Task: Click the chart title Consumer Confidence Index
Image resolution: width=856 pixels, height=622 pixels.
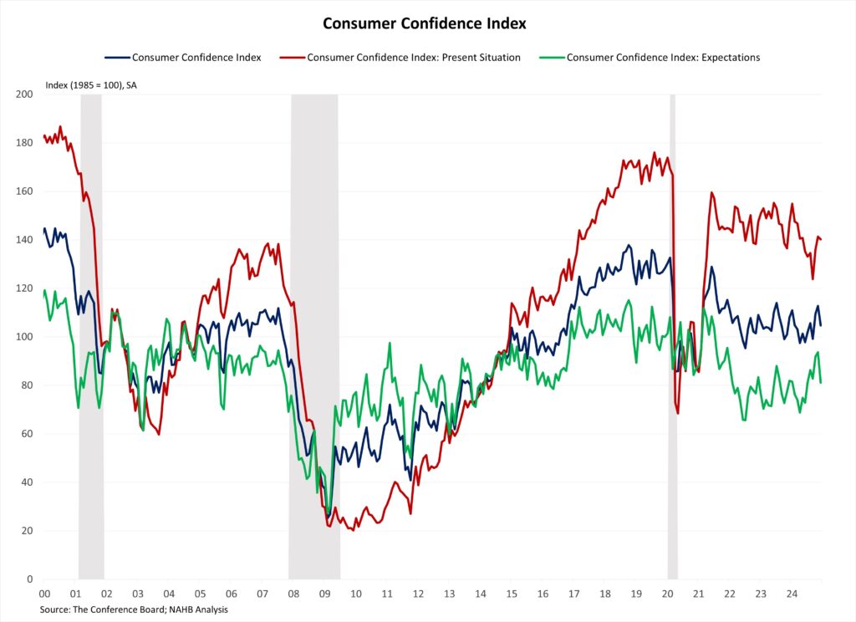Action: pyautogui.click(x=425, y=23)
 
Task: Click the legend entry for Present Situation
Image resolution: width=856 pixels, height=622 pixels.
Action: pyautogui.click(x=414, y=58)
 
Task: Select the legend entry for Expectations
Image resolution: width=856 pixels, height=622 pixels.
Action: pyautogui.click(x=663, y=58)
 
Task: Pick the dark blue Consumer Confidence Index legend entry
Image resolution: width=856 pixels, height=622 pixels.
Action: pyautogui.click(x=196, y=58)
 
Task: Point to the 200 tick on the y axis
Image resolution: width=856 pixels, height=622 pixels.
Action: pyautogui.click(x=24, y=94)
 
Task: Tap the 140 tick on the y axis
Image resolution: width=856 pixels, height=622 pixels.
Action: pyautogui.click(x=24, y=240)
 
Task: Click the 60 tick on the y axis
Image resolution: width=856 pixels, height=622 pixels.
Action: pyautogui.click(x=27, y=434)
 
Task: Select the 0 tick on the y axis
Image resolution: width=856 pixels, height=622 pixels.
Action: pyautogui.click(x=29, y=579)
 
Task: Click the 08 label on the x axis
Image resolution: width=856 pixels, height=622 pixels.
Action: pyautogui.click(x=293, y=594)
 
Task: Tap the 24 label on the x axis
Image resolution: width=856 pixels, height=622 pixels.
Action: pyautogui.click(x=792, y=594)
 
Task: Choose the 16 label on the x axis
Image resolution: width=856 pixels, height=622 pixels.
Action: pyautogui.click(x=543, y=594)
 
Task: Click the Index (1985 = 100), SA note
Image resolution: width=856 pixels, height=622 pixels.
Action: pyautogui.click(x=90, y=85)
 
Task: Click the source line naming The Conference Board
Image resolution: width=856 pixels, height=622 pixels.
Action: pyautogui.click(x=134, y=609)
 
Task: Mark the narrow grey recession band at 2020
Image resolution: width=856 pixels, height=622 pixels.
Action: pyautogui.click(x=672, y=334)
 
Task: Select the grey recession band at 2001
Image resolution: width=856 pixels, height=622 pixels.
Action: pyautogui.click(x=90, y=334)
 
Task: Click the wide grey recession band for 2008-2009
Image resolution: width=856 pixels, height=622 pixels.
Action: pyautogui.click(x=314, y=334)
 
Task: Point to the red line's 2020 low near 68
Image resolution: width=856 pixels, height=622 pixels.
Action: pyautogui.click(x=678, y=413)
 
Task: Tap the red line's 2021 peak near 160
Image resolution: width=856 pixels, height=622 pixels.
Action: pyautogui.click(x=712, y=193)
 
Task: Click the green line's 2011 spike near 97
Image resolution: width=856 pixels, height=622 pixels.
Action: pyautogui.click(x=390, y=344)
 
